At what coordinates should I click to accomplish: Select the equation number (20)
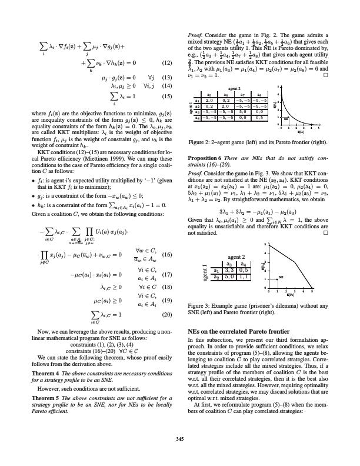(x=167, y=315)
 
